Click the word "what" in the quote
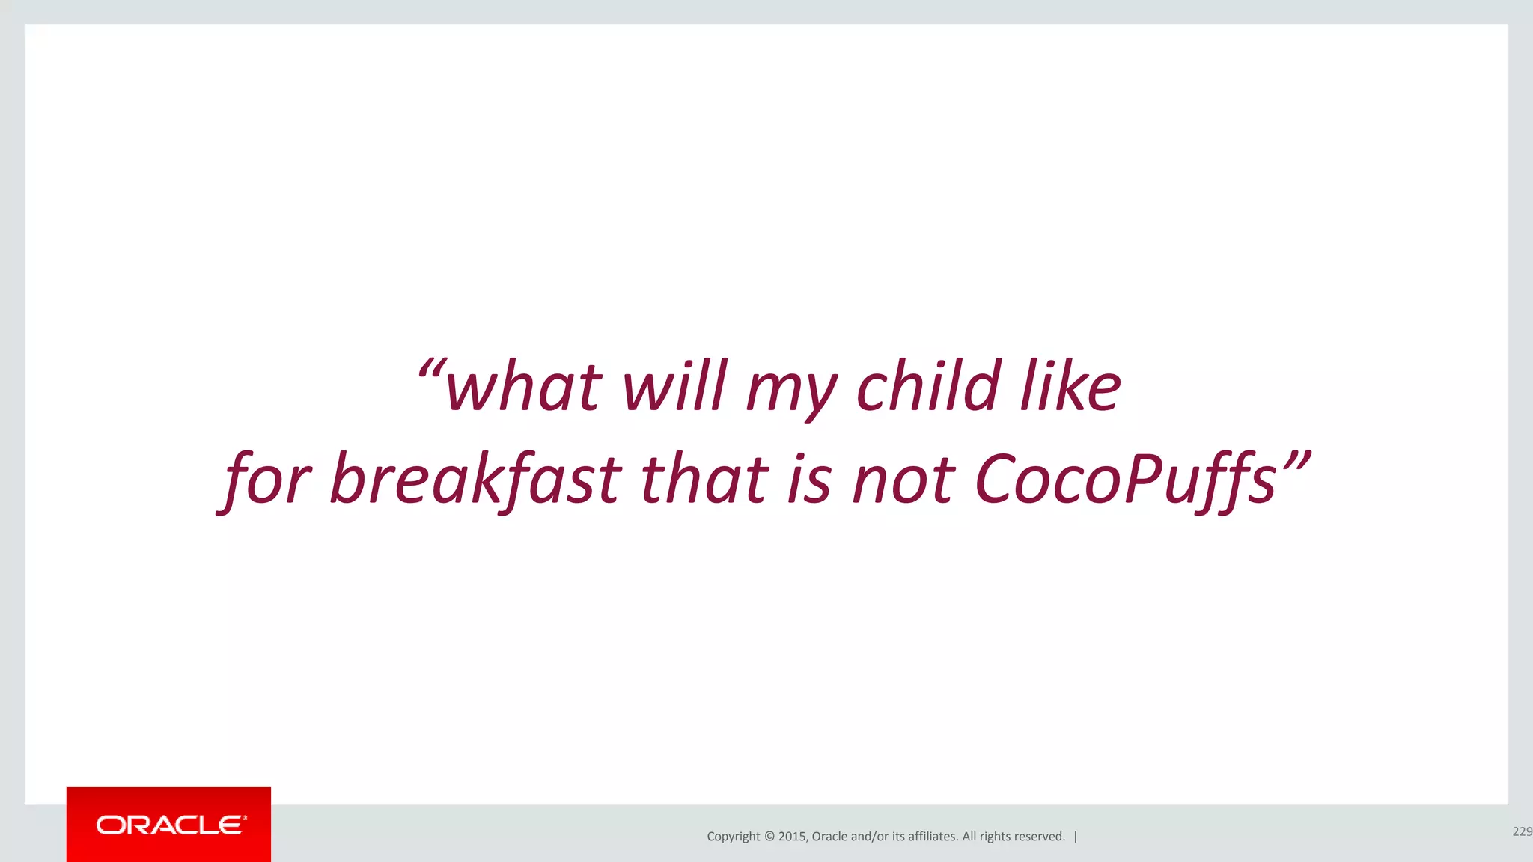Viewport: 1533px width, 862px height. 523,387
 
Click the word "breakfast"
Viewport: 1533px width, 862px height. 476,479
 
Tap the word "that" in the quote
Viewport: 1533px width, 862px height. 704,479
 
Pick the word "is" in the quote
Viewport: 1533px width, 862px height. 810,479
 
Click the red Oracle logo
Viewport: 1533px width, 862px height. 168,825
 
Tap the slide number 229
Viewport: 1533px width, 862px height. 1522,831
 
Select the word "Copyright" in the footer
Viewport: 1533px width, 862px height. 733,837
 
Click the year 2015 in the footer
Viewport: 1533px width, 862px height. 792,837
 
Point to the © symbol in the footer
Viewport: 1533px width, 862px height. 769,837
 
